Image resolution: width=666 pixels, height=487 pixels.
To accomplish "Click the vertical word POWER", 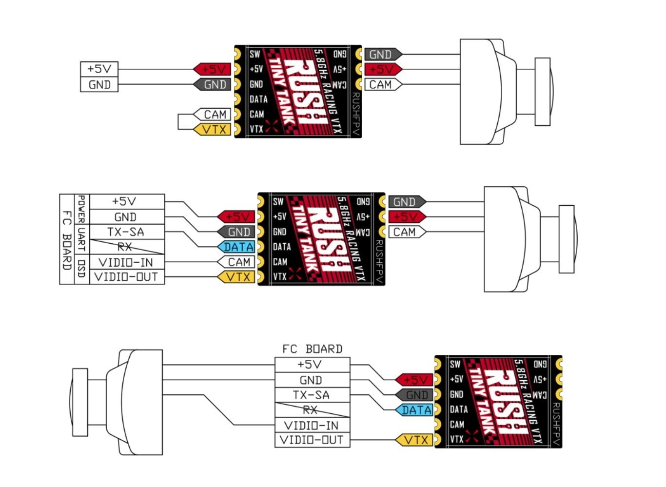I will pos(81,209).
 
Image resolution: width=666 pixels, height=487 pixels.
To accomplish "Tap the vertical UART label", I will pos(81,239).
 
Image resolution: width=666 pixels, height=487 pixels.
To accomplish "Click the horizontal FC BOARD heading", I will pos(312,349).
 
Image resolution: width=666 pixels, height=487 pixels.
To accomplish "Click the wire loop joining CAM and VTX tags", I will pos(179,122).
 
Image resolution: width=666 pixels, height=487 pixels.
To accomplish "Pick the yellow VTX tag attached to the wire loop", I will pos(212,130).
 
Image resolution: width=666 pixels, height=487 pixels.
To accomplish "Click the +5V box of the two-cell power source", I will pos(99,69).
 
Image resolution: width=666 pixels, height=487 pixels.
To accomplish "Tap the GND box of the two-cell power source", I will pos(99,84).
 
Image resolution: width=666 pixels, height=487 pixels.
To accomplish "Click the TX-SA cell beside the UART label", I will pos(126,232).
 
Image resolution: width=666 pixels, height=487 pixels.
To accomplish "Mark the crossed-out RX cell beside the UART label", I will pos(126,247).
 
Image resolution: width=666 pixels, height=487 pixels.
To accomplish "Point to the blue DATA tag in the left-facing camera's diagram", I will pos(415,410).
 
